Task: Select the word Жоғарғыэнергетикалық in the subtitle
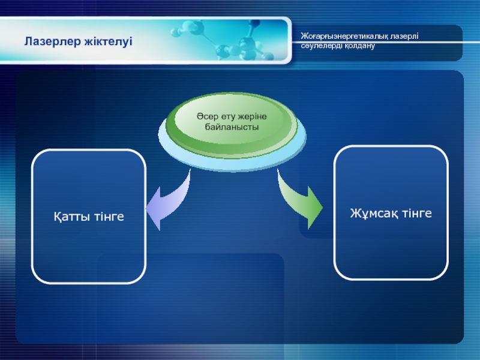pyautogui.click(x=344, y=37)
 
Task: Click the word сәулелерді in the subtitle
pyautogui.click(x=322, y=46)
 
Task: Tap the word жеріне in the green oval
pyautogui.click(x=252, y=117)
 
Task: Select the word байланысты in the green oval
pyautogui.click(x=232, y=127)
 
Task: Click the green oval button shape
pyautogui.click(x=232, y=124)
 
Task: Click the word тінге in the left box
pyautogui.click(x=109, y=217)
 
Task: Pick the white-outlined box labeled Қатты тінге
pyautogui.click(x=89, y=217)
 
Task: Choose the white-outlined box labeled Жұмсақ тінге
pyautogui.click(x=391, y=213)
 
